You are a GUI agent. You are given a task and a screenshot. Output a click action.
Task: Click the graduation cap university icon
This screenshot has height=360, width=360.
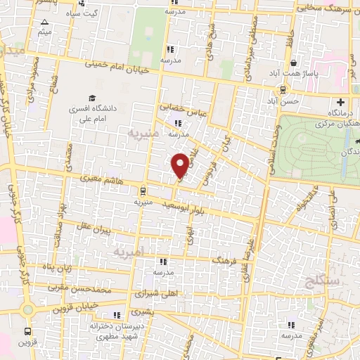(91, 98)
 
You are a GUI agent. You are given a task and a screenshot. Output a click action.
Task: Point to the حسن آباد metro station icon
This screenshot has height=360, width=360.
(283, 89)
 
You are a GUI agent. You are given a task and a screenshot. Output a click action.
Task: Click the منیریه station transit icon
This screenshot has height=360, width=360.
(143, 190)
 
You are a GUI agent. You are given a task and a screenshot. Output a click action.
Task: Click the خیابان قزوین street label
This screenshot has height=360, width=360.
(65, 309)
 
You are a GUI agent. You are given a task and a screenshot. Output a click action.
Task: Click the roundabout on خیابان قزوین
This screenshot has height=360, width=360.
(27, 310)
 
